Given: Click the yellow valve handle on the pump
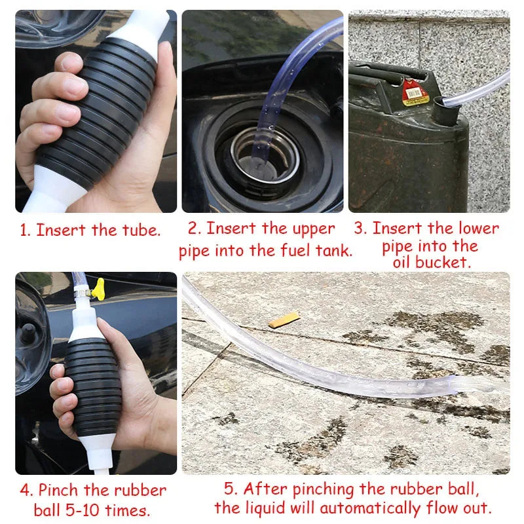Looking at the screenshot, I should [100, 286].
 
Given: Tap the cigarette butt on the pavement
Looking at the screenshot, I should [284, 320].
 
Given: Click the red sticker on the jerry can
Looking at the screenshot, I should [415, 93].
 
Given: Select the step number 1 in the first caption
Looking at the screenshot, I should [24, 231].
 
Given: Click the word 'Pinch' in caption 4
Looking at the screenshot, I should [59, 490].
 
